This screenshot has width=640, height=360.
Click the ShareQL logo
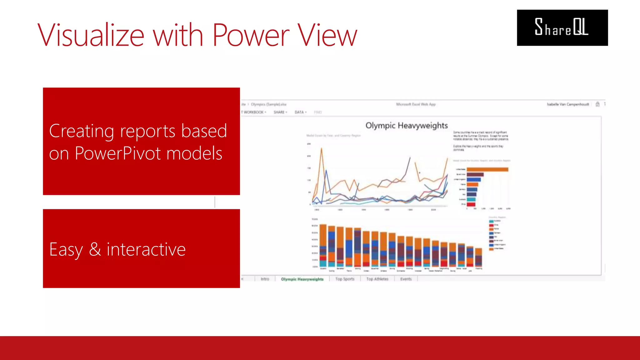click(x=562, y=27)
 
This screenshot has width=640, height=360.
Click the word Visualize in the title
click(x=91, y=35)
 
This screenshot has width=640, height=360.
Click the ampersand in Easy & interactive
click(x=95, y=249)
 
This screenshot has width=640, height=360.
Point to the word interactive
click(x=146, y=249)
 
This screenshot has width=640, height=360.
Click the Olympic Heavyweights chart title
click(x=406, y=125)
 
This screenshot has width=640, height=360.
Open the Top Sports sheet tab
click(x=345, y=279)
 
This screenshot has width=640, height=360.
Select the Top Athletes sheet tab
click(x=377, y=279)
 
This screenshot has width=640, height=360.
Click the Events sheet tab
click(x=406, y=279)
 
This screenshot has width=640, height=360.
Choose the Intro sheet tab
click(x=265, y=279)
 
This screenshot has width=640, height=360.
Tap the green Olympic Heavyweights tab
click(x=302, y=279)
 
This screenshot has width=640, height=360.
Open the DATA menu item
click(x=300, y=112)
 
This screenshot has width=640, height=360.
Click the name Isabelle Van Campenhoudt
click(x=567, y=104)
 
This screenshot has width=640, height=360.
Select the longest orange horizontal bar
click(x=487, y=169)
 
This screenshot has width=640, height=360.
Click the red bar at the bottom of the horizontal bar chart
click(x=471, y=204)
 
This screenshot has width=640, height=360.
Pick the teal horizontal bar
click(x=471, y=199)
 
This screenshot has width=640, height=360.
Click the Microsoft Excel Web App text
click(x=416, y=104)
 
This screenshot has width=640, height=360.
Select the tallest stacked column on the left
click(x=323, y=245)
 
